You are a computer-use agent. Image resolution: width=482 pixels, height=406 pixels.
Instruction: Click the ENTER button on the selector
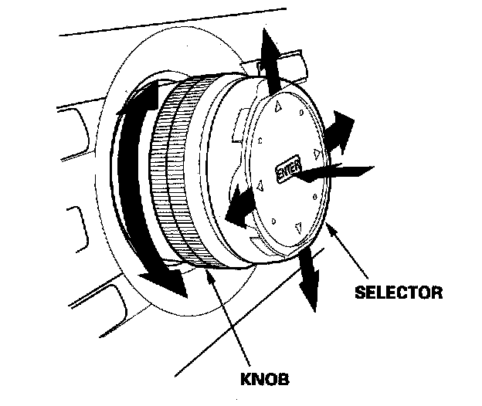point(284,171)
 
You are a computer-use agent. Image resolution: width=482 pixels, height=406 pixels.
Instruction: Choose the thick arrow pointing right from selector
point(338,130)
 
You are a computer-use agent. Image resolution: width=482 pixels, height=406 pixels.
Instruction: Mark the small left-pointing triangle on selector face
point(261,186)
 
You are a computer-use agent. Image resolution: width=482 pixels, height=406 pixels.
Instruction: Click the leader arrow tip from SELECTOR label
point(329,225)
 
